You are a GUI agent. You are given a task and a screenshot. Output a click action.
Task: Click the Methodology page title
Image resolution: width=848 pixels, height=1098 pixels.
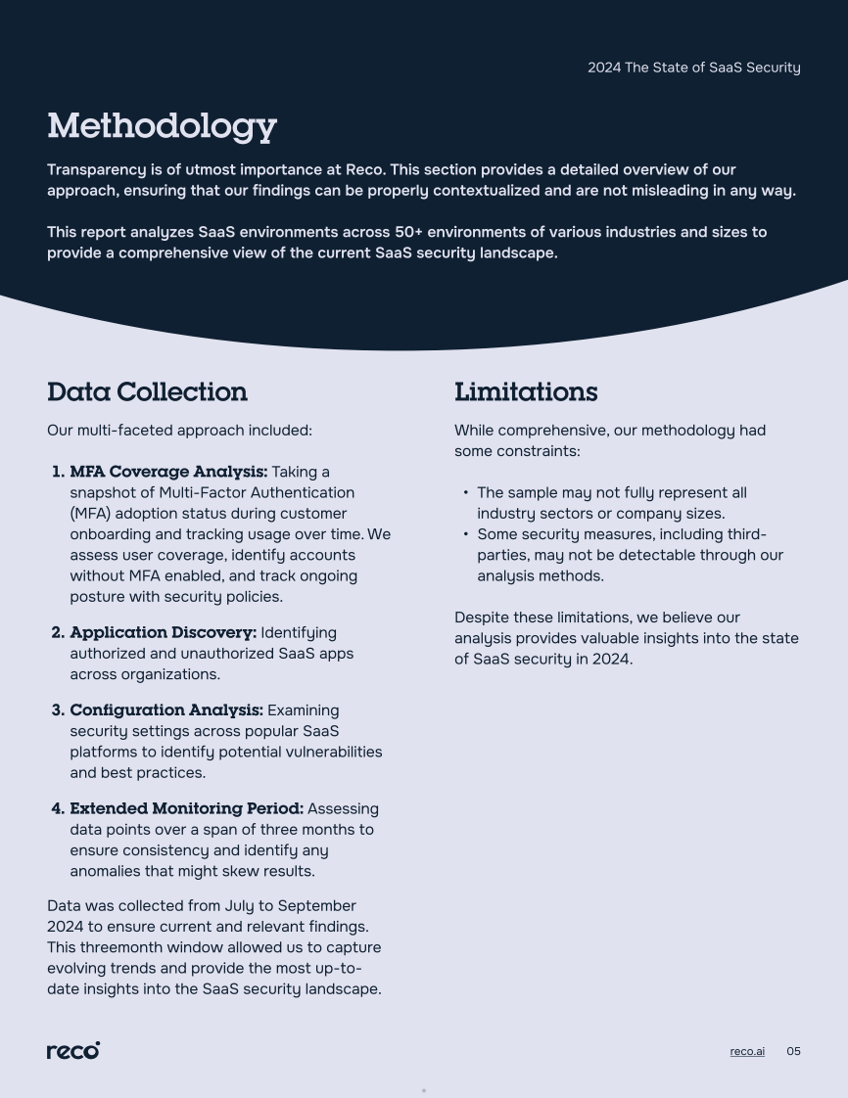(162, 126)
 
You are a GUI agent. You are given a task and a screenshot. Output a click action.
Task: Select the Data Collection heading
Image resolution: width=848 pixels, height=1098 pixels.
(147, 391)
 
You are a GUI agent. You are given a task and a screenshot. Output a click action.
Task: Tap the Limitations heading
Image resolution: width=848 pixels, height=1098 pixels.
(526, 391)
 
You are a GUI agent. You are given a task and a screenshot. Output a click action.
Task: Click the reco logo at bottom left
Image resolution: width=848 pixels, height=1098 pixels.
(73, 1050)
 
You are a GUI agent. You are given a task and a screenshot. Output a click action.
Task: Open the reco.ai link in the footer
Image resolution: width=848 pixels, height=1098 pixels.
(747, 1051)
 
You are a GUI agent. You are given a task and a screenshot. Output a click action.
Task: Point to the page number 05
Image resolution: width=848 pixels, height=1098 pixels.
(793, 1051)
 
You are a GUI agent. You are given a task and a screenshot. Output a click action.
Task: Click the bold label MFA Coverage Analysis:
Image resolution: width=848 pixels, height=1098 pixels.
(168, 472)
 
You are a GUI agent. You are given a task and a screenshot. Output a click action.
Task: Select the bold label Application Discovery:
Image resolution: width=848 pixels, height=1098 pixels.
(163, 632)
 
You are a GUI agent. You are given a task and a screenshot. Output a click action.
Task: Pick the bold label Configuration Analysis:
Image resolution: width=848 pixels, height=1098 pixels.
(166, 709)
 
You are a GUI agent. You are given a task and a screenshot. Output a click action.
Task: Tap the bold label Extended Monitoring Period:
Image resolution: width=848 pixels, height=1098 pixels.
(186, 808)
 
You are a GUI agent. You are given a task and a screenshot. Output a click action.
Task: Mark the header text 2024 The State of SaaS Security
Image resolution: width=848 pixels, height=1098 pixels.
(693, 68)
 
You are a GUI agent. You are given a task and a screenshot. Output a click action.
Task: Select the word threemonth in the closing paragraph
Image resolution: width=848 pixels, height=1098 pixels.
(119, 947)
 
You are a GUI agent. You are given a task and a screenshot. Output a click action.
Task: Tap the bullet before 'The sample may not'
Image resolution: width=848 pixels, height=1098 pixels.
(465, 493)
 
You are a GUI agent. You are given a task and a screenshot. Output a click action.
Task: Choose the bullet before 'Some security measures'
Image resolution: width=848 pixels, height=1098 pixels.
(465, 535)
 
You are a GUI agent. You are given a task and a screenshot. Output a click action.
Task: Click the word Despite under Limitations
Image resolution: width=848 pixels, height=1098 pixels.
(481, 618)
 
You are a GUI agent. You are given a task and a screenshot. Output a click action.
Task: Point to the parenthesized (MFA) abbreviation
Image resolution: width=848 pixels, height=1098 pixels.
(92, 513)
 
